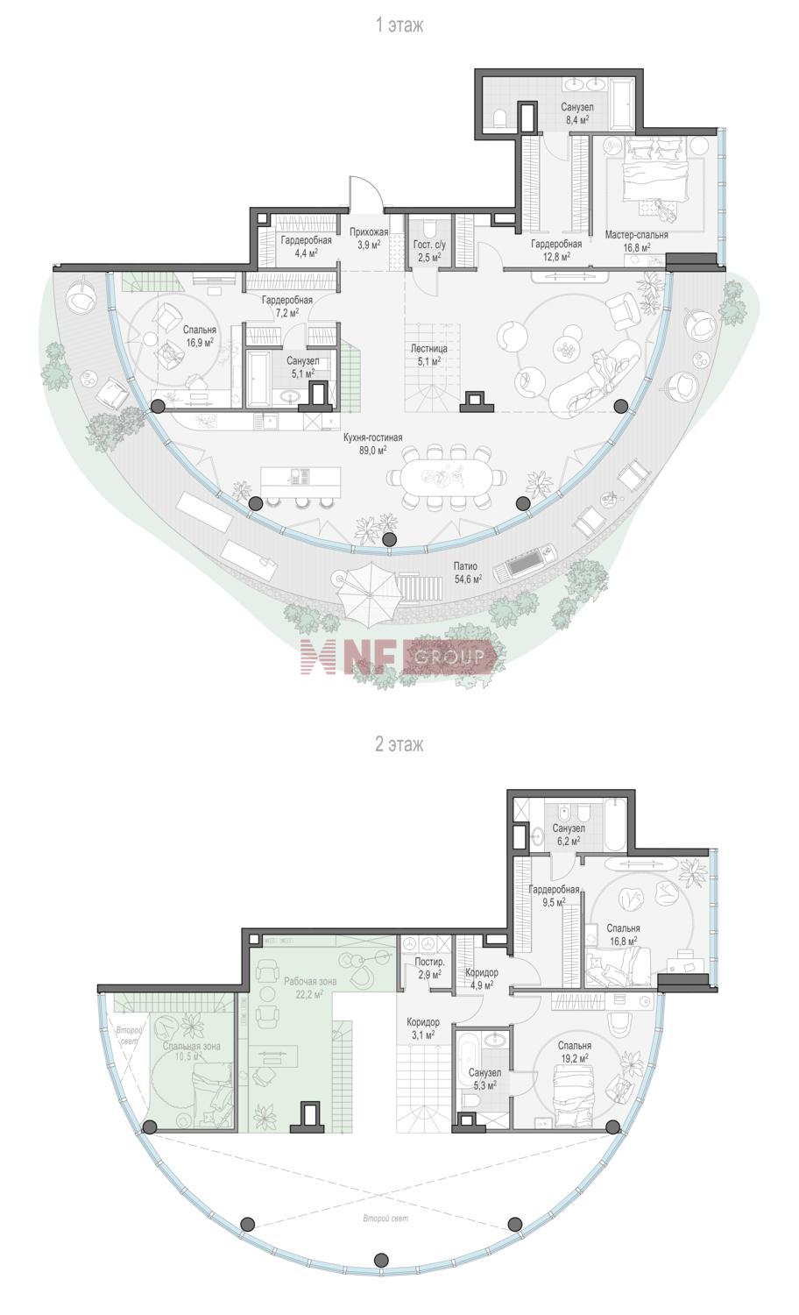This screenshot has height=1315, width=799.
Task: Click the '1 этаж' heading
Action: [399, 25]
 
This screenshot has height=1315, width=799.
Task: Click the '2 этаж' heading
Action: [399, 745]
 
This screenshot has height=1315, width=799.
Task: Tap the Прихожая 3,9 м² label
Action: [369, 238]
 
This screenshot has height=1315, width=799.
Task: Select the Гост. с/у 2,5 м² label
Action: [428, 251]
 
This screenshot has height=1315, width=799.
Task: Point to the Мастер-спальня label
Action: [637, 236]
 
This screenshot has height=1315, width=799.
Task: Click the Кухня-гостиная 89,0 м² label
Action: [373, 444]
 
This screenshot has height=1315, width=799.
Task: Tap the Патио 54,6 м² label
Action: [468, 572]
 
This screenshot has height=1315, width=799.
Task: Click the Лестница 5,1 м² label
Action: [428, 355]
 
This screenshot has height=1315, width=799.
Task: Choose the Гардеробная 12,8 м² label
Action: [556, 250]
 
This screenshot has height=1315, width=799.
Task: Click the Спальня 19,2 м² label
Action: [575, 1050]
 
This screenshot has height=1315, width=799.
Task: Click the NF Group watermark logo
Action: [399, 657]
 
